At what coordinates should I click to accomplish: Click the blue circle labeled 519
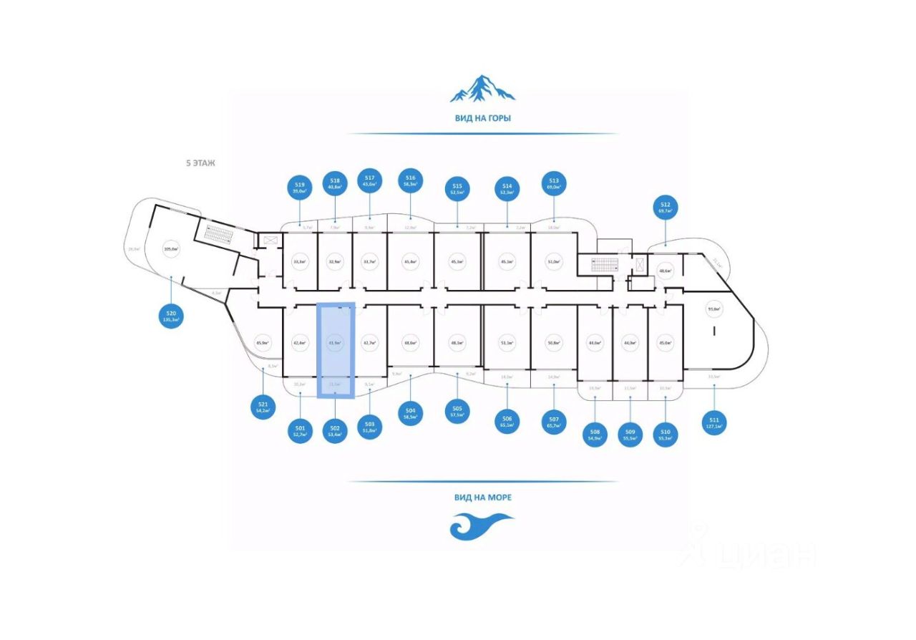[300, 188]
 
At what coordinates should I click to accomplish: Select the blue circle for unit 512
[666, 208]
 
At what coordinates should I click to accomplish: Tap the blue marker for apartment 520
[171, 316]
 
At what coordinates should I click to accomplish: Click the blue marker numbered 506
[507, 420]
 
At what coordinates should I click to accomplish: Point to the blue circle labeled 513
[553, 184]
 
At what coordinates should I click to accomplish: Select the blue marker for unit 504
[410, 414]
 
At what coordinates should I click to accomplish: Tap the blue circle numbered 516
[410, 180]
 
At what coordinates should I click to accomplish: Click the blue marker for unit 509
[630, 435]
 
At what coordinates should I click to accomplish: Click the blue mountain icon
[482, 88]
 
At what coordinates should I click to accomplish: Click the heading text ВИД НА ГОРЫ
[482, 118]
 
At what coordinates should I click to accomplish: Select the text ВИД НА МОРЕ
[482, 497]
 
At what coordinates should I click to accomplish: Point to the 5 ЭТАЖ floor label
[200, 163]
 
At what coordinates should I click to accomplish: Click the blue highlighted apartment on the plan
[336, 349]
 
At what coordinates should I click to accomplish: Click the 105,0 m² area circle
[170, 250]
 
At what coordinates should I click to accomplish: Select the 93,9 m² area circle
[713, 310]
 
